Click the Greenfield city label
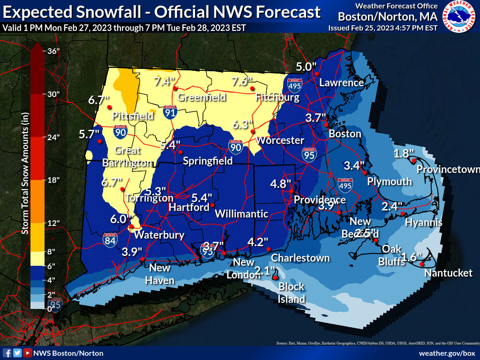202,97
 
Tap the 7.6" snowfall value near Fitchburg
242,82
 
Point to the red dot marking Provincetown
414,161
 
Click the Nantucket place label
448,273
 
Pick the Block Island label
292,292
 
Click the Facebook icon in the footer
7,353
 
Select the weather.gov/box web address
447,353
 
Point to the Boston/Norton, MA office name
388,17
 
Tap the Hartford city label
189,207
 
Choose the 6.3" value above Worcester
243,124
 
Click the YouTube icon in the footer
28,353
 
